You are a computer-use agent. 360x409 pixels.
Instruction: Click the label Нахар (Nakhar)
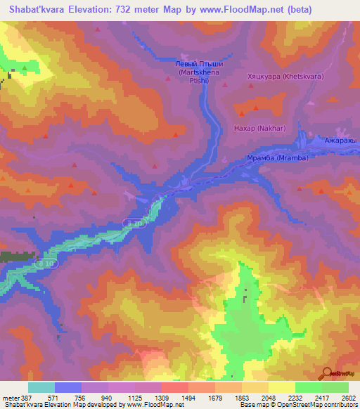pos(250,129)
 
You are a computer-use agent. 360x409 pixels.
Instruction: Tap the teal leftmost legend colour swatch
pos(41,387)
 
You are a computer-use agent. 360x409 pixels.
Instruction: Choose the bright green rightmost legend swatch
pos(335,387)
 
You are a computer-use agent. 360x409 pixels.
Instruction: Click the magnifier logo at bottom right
pos(328,375)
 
